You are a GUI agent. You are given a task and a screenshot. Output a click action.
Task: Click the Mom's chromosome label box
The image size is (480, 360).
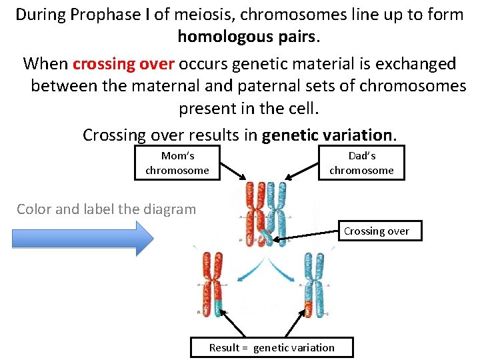click(x=177, y=163)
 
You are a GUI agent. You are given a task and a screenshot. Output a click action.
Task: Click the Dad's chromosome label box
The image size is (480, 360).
click(x=361, y=163)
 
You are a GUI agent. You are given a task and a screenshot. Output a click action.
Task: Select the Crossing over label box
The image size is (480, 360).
click(x=376, y=231)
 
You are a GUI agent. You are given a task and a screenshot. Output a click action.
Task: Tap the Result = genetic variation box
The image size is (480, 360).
click(x=271, y=347)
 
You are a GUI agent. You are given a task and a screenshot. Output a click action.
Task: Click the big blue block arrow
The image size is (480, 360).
click(x=83, y=238)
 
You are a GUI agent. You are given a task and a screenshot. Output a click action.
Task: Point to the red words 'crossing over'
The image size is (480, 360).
click(x=123, y=64)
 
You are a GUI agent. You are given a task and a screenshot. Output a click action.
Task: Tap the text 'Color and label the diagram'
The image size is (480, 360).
click(x=107, y=209)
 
